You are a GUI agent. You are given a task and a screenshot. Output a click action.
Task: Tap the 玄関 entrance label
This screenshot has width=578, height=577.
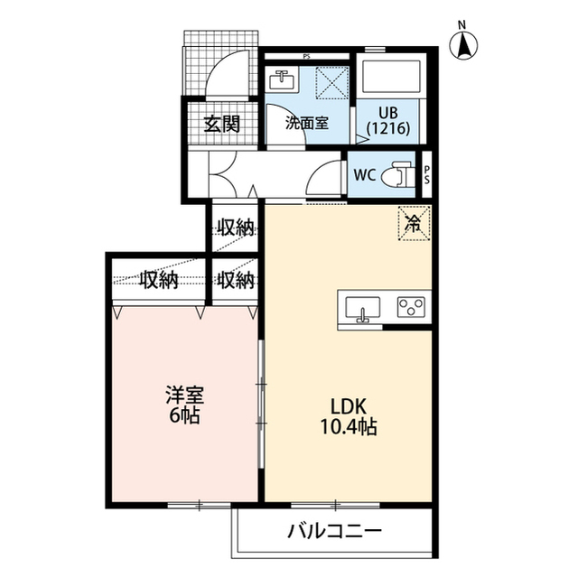[223, 124]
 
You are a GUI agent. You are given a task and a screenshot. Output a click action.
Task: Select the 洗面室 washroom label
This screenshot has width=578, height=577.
[307, 123]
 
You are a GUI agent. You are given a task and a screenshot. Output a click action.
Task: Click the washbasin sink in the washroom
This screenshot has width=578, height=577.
[282, 79]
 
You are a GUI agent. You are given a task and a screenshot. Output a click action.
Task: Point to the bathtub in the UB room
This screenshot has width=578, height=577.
[391, 77]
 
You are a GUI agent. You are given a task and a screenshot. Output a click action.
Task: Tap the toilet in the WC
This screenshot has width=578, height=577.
[397, 173]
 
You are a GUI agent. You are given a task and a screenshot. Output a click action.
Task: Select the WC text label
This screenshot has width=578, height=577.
[365, 174]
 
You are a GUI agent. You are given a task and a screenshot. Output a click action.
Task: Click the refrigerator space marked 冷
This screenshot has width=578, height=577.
[415, 223]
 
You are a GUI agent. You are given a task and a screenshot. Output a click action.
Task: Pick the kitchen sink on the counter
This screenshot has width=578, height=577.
[362, 308]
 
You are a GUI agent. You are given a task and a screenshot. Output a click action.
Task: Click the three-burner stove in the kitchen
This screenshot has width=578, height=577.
[411, 307]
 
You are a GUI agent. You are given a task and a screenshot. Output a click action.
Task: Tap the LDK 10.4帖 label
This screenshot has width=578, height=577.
[349, 417]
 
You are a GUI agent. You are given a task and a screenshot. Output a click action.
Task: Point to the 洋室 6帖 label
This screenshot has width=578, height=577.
[184, 405]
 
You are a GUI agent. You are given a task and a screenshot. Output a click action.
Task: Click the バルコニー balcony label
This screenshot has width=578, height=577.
[335, 531]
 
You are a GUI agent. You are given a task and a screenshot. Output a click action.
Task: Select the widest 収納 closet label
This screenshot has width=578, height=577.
[159, 280]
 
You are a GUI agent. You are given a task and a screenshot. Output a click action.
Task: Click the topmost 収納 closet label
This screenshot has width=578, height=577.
[236, 228]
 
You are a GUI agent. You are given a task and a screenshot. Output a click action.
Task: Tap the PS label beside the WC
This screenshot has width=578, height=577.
[427, 174]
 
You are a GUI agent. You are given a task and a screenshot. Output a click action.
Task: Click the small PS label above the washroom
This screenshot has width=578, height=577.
[306, 57]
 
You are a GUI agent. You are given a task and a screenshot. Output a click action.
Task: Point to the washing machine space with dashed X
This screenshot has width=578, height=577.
[332, 82]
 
